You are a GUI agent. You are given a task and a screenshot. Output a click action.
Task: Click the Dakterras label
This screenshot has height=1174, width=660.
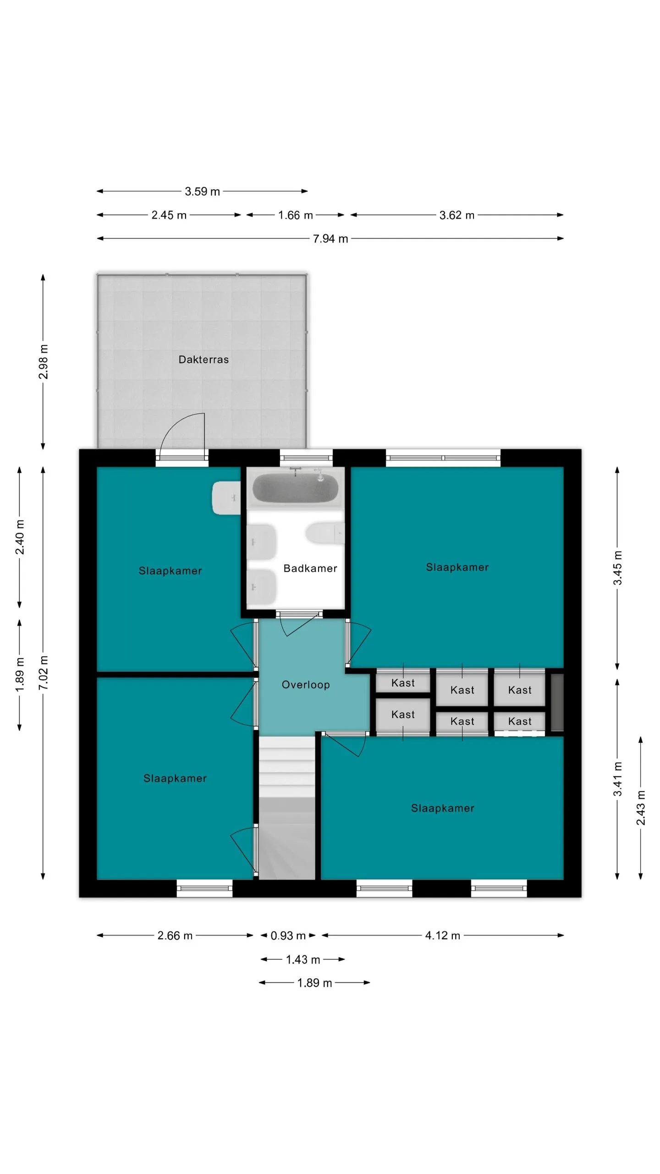pos(203,360)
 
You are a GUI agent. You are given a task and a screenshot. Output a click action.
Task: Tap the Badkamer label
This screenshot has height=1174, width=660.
pos(310,568)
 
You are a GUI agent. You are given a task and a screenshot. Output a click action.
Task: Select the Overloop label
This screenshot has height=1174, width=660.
pos(306,685)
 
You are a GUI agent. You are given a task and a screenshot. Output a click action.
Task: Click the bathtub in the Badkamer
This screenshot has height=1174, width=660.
pos(296,487)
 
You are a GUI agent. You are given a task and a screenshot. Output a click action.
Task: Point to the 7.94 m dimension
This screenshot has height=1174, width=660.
pos(330,238)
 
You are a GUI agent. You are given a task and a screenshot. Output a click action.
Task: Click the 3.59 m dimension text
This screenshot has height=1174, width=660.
pos(202,191)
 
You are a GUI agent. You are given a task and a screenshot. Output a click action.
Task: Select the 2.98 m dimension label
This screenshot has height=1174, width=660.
pos(43,362)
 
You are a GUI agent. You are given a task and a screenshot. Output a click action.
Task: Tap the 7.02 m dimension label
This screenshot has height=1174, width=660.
pos(43,673)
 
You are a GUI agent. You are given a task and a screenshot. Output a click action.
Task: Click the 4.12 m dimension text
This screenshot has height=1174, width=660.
pos(442,936)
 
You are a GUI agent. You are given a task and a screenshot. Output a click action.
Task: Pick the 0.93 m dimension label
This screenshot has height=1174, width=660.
pos(288,936)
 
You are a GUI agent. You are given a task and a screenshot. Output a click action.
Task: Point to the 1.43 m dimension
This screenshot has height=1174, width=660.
pos(303,959)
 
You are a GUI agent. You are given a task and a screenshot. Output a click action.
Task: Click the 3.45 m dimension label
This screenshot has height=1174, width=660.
pos(617,568)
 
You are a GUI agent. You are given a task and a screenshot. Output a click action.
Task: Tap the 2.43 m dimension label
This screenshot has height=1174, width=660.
pos(641,808)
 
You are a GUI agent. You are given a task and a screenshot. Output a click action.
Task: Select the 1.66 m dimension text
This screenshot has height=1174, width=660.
pos(295,215)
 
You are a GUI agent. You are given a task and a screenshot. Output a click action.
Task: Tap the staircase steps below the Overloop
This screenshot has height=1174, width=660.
pos(287,808)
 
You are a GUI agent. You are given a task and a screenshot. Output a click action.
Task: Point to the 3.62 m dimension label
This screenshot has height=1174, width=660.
pos(456,215)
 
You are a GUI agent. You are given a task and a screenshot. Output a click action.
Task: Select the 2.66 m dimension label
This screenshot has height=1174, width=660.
pos(175,936)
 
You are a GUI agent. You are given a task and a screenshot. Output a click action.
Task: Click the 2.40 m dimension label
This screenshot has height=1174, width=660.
pos(20,537)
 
